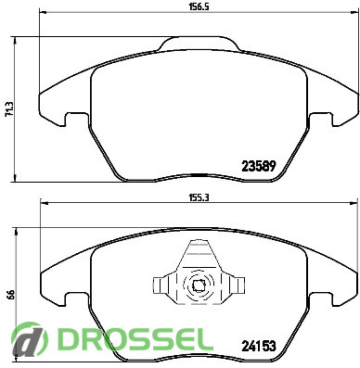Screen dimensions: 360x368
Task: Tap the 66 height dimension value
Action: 9,294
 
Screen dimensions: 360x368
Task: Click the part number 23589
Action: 258,167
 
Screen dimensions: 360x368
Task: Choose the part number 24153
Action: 259,346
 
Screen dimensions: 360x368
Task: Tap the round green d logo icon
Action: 30,339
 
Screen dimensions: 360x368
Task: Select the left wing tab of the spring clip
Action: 160,285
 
